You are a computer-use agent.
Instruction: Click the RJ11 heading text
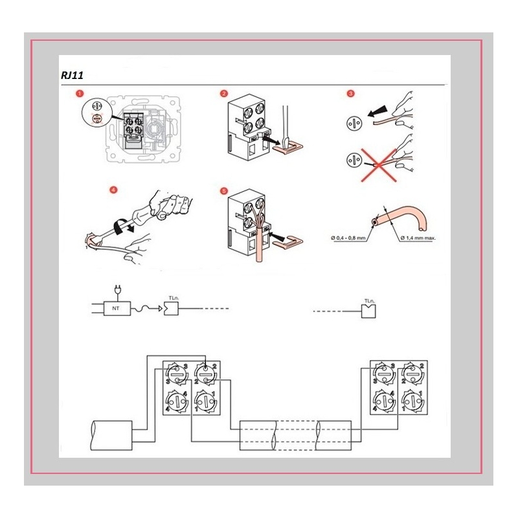tap(71, 76)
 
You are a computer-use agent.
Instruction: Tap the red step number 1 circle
tap(80, 94)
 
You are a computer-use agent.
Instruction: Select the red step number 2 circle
tap(224, 94)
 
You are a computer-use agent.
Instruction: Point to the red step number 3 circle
tap(350, 94)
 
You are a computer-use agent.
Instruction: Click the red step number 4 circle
tap(114, 190)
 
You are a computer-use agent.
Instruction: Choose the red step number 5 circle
tap(224, 191)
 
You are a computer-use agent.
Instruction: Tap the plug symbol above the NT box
tap(117, 289)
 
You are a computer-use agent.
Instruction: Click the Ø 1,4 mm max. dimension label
tap(418, 238)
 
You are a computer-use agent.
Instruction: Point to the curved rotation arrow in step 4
tap(121, 226)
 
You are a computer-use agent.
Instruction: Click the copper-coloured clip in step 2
tap(287, 148)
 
